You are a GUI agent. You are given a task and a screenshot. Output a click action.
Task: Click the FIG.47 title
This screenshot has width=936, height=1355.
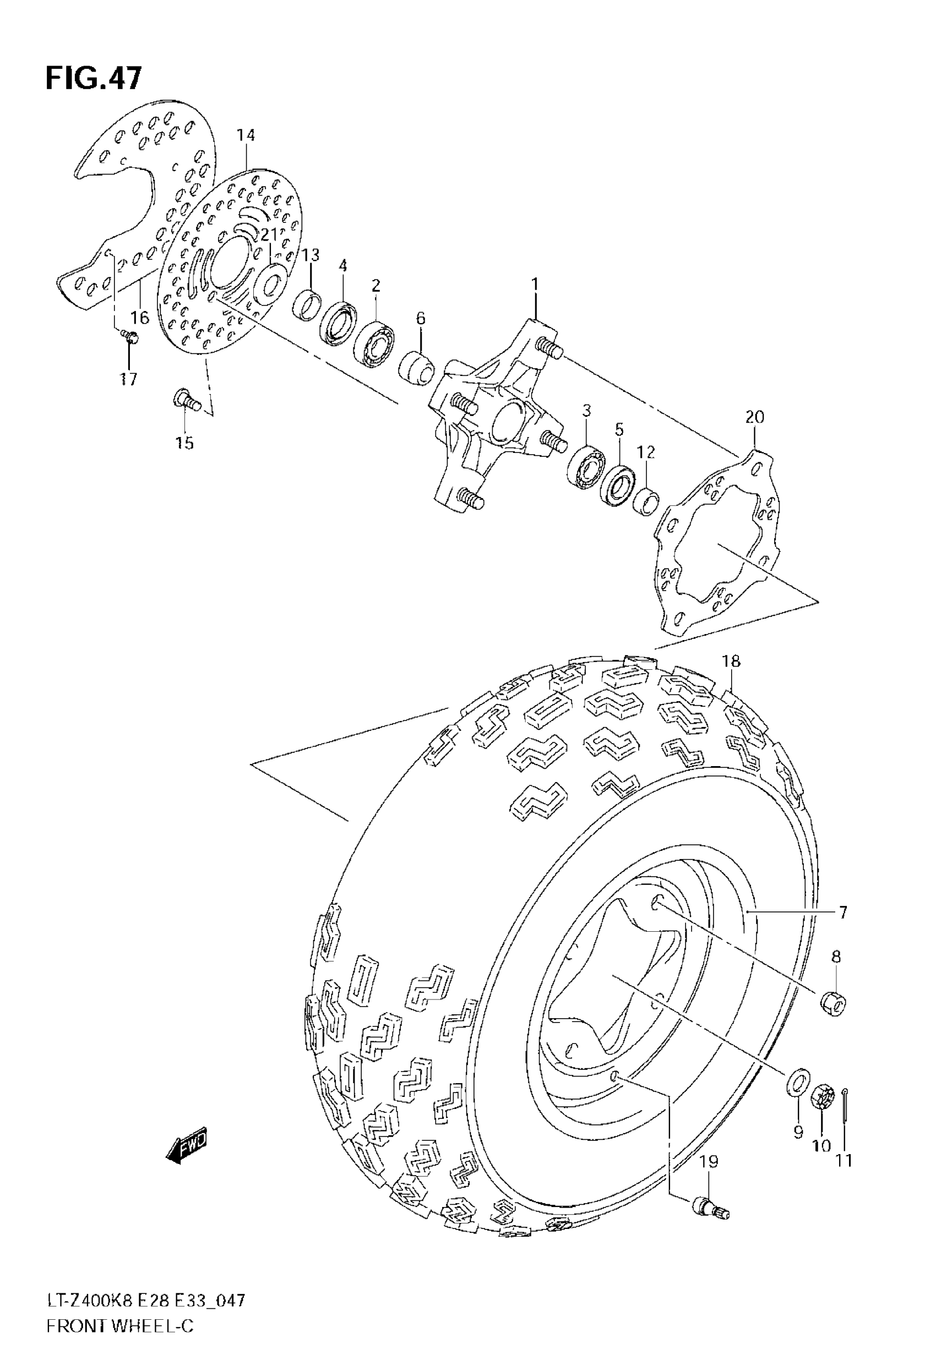[x=94, y=79]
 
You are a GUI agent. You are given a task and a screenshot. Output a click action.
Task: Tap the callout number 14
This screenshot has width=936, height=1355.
[x=246, y=135]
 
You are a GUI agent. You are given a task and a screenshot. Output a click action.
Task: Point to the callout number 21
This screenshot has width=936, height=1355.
[x=269, y=235]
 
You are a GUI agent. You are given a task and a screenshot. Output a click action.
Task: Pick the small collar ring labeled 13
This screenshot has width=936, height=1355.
[x=307, y=305]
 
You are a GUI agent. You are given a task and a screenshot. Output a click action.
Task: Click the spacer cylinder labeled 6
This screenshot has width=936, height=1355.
[x=417, y=369]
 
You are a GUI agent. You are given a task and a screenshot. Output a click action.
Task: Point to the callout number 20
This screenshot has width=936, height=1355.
[x=755, y=417]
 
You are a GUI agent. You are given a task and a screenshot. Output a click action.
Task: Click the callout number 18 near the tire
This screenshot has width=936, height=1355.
[x=731, y=661]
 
